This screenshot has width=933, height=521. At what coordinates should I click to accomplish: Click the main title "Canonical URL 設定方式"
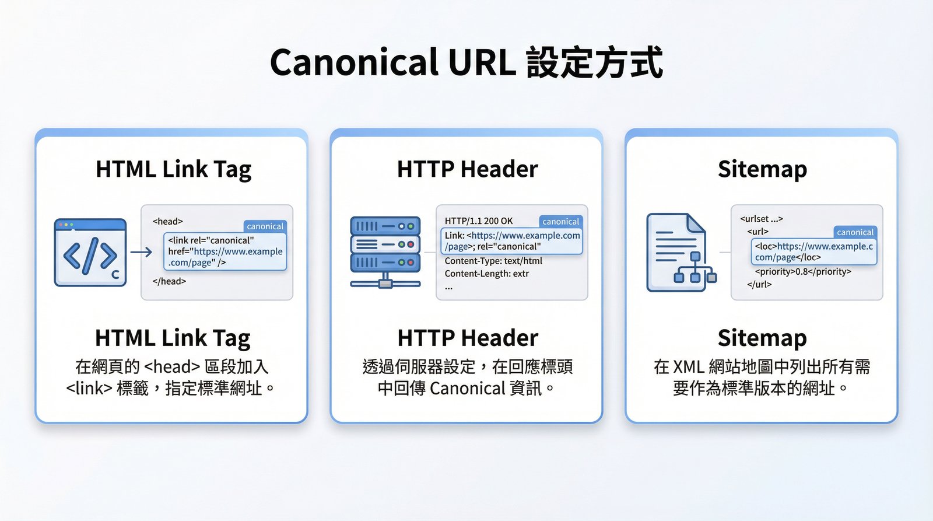pyautogui.click(x=466, y=63)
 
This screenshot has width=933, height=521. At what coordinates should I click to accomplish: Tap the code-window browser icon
pyautogui.click(x=90, y=253)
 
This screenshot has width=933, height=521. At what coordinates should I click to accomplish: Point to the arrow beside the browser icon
pyautogui.click(x=141, y=252)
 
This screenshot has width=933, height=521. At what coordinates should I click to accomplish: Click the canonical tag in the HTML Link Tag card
pyautogui.click(x=265, y=226)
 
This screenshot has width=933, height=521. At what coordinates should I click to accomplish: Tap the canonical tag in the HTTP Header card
pyautogui.click(x=560, y=222)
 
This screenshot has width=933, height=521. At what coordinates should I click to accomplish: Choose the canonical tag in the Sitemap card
pyautogui.click(x=855, y=232)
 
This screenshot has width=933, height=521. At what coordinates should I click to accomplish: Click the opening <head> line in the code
pyautogui.click(x=168, y=222)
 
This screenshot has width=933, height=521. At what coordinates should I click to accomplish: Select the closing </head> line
pyautogui.click(x=169, y=281)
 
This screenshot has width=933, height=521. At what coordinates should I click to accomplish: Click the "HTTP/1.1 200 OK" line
pyautogui.click(x=479, y=221)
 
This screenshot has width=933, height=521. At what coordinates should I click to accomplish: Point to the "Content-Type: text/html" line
pyautogui.click(x=493, y=261)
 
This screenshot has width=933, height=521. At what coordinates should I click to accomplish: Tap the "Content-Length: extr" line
pyautogui.click(x=487, y=274)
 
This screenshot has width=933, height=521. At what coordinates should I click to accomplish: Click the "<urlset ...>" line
pyautogui.click(x=761, y=219)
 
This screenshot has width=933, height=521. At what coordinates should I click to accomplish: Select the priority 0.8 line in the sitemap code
pyautogui.click(x=803, y=272)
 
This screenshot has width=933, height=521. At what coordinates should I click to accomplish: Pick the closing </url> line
pyautogui.click(x=759, y=285)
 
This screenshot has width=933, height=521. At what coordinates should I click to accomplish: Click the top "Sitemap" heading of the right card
pyautogui.click(x=762, y=169)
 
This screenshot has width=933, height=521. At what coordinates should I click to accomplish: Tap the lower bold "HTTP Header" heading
pyautogui.click(x=468, y=338)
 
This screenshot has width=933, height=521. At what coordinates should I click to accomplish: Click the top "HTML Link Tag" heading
pyautogui.click(x=173, y=169)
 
